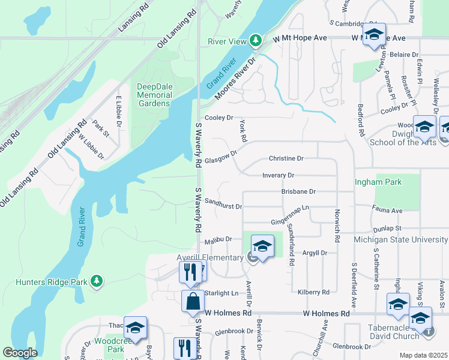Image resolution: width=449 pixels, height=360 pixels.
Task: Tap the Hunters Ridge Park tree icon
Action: pyautogui.click(x=95, y=281)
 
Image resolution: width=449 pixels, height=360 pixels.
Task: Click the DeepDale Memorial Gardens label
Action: pyautogui.click(x=154, y=95)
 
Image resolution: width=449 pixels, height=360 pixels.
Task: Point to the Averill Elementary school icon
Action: pyautogui.click(x=262, y=245)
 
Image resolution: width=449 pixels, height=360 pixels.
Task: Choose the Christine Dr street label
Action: pyautogui.click(x=286, y=158)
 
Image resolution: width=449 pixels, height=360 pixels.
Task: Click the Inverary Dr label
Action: pyautogui.click(x=278, y=175)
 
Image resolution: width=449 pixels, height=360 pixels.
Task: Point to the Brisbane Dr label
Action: pyautogui.click(x=298, y=191)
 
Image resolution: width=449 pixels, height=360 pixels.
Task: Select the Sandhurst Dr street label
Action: pyautogui.click(x=223, y=206)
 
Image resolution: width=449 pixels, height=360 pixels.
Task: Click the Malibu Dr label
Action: pyautogui.click(x=218, y=240)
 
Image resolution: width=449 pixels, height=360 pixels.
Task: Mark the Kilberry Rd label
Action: pyautogui.click(x=313, y=292)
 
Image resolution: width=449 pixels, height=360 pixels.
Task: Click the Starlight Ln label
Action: pyautogui.click(x=221, y=293)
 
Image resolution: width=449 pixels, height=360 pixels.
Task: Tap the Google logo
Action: pyautogui.click(x=20, y=353)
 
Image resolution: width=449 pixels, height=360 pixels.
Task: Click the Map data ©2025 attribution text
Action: pyautogui.click(x=423, y=355)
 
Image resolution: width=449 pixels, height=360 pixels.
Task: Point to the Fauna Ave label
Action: pyautogui.click(x=388, y=211)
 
